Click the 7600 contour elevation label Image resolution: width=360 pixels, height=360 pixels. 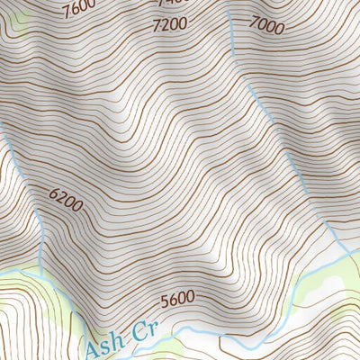tap(79, 9)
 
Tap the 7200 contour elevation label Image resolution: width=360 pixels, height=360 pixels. tap(172, 24)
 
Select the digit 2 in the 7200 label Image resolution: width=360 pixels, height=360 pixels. tap(166, 24)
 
